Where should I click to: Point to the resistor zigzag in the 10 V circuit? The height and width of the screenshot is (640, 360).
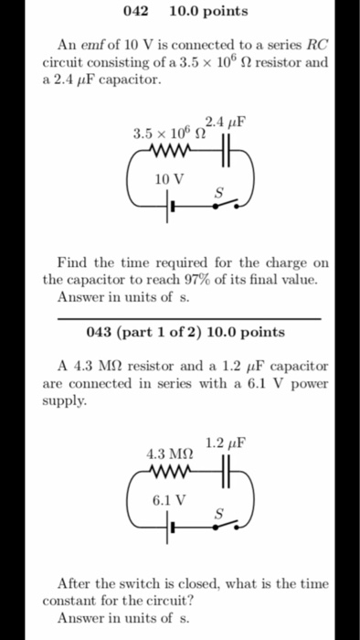coord(169,152)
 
